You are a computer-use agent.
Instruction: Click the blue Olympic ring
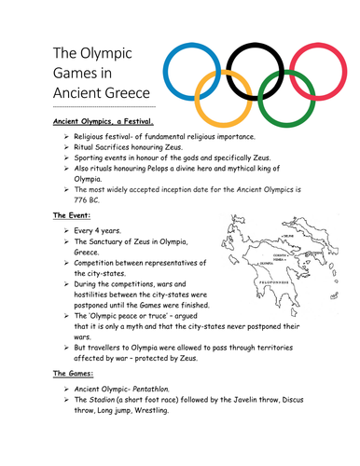pos(169,70)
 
